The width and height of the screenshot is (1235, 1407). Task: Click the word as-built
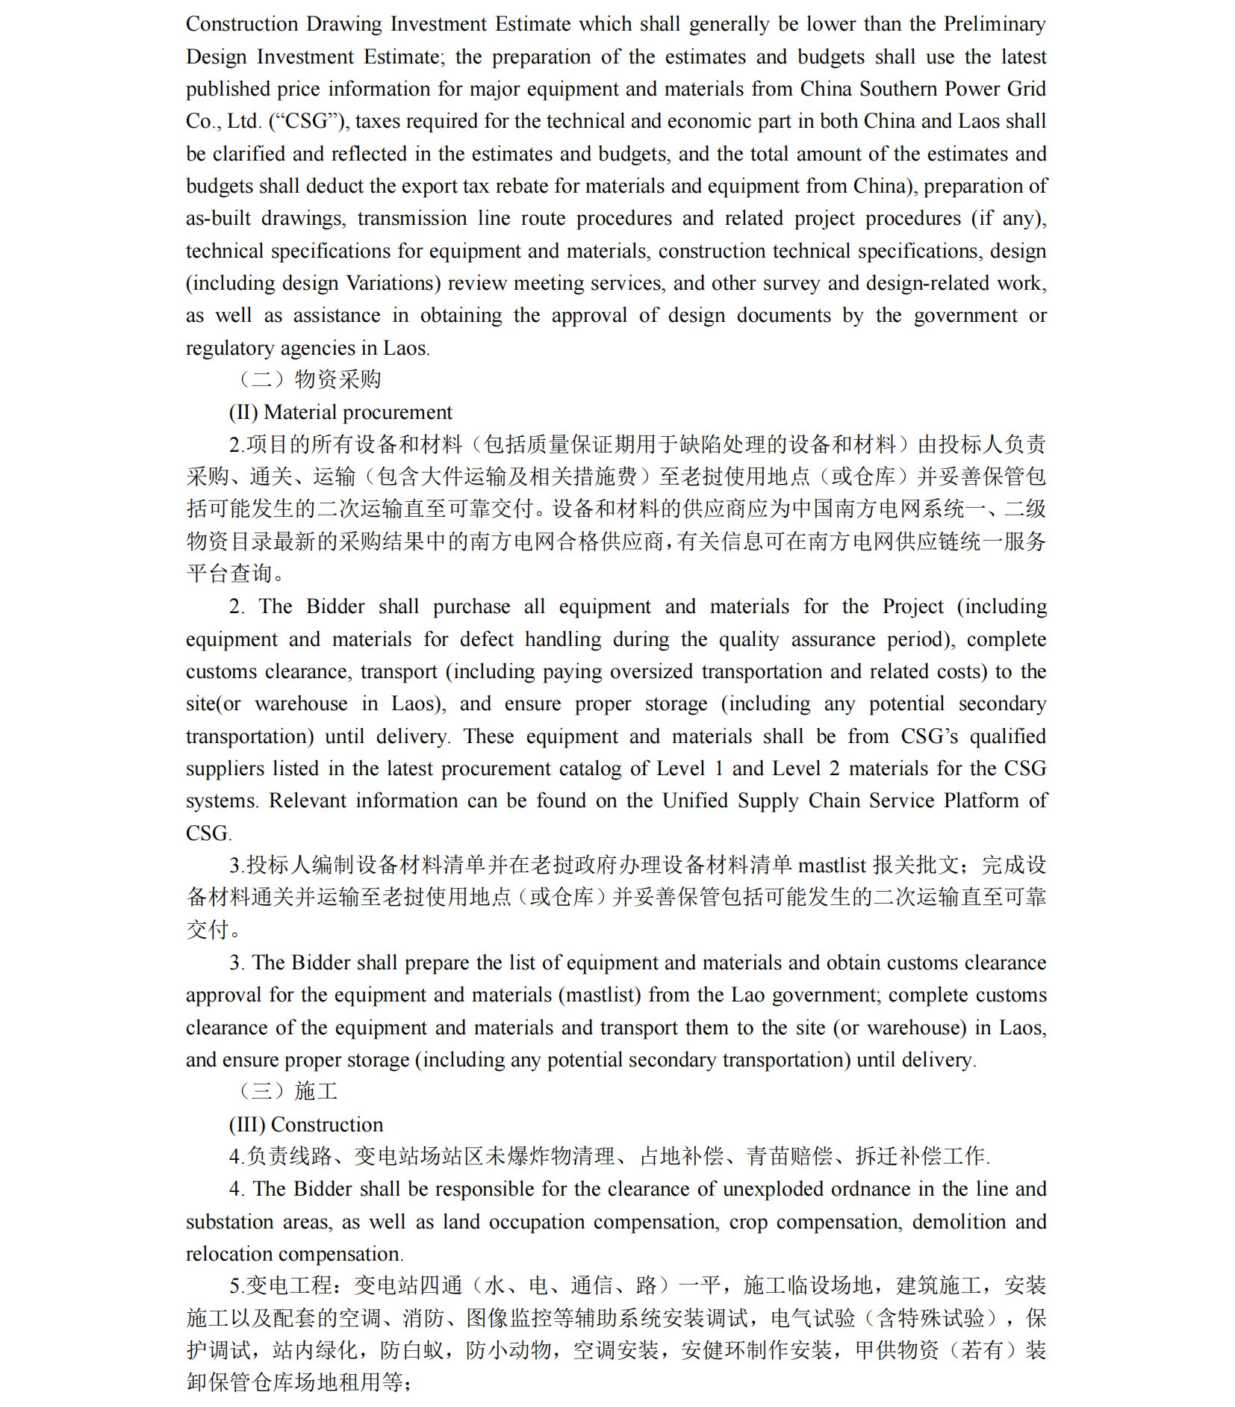click(218, 218)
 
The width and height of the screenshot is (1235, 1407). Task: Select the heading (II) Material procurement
click(340, 412)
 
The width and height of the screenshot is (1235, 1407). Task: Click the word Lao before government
click(747, 995)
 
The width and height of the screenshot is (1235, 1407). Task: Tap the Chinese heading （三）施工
click(287, 1091)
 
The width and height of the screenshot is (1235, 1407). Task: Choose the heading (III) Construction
click(306, 1124)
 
